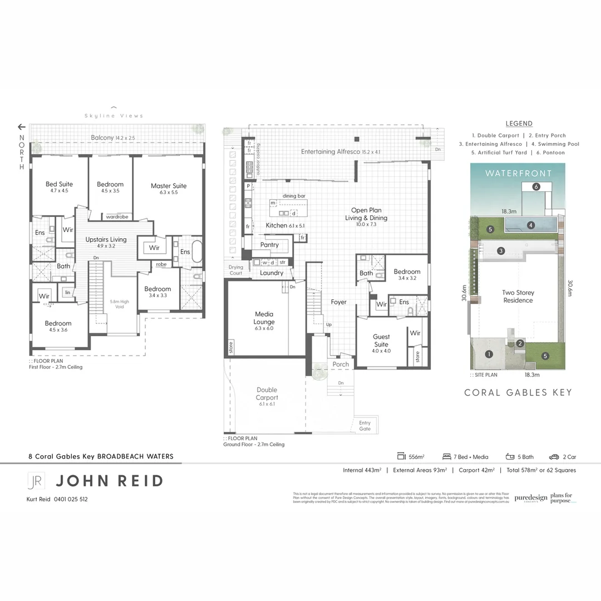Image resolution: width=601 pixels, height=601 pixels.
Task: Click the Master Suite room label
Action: tap(169, 186)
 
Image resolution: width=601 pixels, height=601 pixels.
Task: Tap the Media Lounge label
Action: tap(264, 318)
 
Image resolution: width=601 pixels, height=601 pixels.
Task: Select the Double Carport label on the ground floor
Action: tap(267, 393)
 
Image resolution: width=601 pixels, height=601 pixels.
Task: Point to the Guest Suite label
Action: tap(381, 340)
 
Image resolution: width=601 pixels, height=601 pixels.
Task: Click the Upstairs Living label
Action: tap(106, 240)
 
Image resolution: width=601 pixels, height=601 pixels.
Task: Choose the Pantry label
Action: tap(269, 245)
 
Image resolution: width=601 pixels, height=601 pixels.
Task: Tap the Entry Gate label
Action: tap(364, 426)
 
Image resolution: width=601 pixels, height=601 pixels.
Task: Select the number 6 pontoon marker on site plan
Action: tap(536, 187)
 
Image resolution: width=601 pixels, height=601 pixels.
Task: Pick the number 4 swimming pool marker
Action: tap(531, 225)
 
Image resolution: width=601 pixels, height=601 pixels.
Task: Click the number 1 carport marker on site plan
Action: tap(489, 354)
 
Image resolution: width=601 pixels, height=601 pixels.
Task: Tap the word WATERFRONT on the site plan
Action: tap(518, 173)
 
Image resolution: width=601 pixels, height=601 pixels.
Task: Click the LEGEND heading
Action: tap(519, 124)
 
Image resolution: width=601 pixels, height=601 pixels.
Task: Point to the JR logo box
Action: tap(36, 481)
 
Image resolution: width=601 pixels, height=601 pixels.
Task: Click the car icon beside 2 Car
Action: tap(554, 457)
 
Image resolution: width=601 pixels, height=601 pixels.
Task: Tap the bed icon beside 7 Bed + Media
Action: tap(446, 457)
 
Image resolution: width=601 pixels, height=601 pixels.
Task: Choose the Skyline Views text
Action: tap(114, 116)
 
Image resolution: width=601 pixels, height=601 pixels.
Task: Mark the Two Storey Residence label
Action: tap(518, 296)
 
